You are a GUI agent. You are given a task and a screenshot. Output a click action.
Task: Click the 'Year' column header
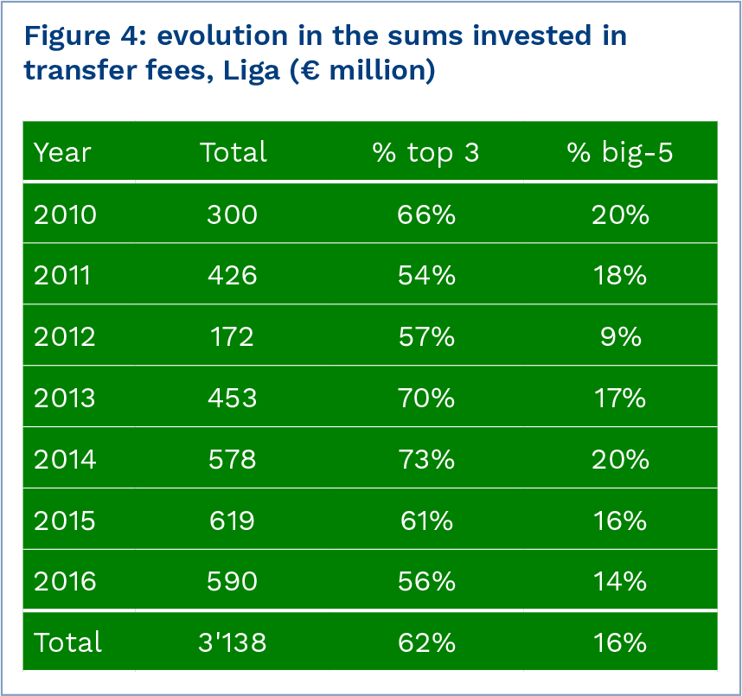tap(62, 152)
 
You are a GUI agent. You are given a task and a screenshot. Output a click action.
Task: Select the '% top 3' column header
tap(425, 152)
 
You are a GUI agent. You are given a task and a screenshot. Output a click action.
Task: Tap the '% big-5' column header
tap(619, 152)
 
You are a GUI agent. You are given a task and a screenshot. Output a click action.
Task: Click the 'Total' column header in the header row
tap(233, 152)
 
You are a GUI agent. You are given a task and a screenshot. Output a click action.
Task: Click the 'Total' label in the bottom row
tap(67, 642)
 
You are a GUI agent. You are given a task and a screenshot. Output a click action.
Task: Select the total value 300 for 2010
tap(232, 214)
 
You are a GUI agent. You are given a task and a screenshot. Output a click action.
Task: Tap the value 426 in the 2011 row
tap(232, 275)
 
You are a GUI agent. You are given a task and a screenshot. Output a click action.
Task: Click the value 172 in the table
tap(232, 336)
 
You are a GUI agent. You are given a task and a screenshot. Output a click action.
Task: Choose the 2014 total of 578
tap(232, 459)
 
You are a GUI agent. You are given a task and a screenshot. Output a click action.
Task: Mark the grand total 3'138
tap(232, 642)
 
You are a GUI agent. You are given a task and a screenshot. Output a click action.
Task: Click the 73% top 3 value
tap(425, 459)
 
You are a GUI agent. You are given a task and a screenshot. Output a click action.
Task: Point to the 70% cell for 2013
tap(425, 398)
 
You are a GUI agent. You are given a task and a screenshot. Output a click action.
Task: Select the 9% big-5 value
tap(619, 336)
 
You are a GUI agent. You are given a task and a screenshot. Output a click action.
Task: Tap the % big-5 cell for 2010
tap(619, 214)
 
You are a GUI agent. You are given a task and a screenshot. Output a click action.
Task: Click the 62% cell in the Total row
tap(425, 642)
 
